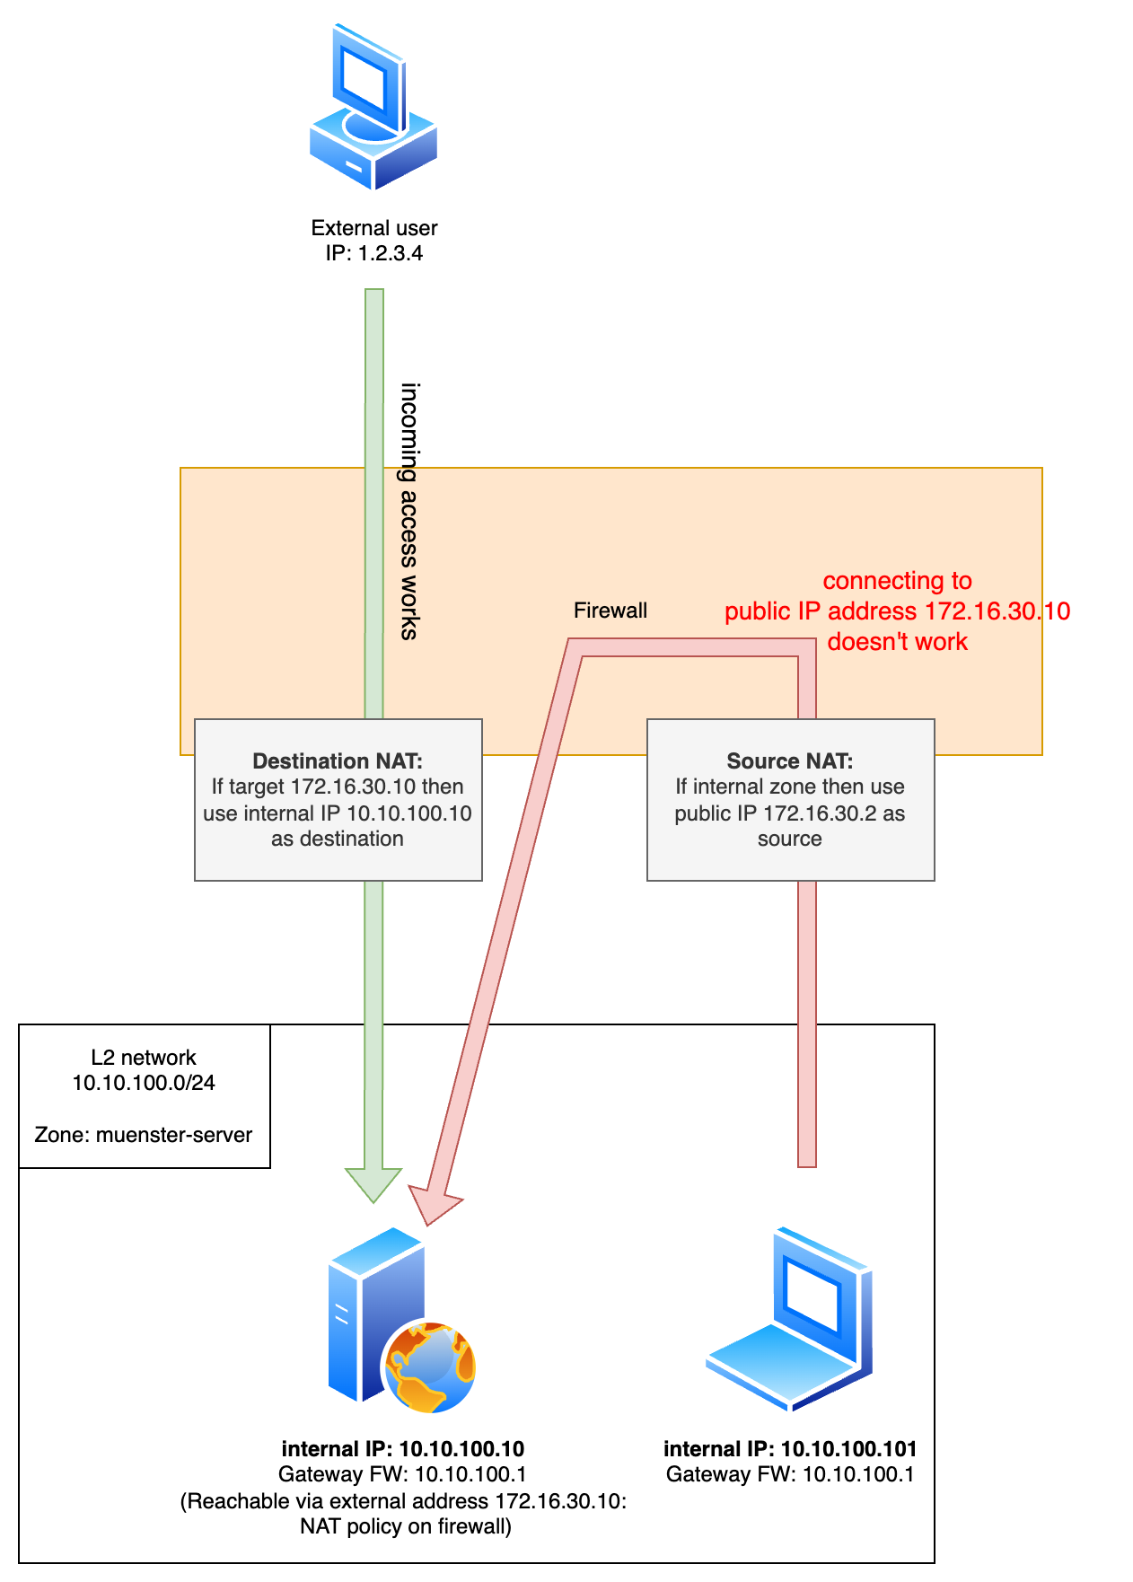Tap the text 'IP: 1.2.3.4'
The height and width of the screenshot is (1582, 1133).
coord(374,253)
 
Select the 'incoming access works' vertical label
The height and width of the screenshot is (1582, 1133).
coord(409,511)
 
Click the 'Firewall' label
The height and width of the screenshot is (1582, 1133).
coord(610,611)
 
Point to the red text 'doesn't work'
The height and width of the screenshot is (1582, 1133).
coord(897,642)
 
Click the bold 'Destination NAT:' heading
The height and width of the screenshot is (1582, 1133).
coord(338,761)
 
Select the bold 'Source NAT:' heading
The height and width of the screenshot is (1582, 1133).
coord(790,761)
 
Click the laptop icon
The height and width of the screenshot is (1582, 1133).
coord(790,1320)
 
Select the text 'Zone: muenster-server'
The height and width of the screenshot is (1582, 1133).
coord(144,1135)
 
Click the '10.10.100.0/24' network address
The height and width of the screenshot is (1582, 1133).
coord(144,1083)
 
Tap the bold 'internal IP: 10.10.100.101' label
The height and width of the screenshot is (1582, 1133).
coord(790,1449)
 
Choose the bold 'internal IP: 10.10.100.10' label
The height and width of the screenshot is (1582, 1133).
coord(403,1449)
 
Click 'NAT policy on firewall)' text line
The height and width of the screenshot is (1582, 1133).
coord(406,1526)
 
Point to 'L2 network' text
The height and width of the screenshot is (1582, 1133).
coord(144,1058)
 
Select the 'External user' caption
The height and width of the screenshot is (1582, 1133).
coord(374,228)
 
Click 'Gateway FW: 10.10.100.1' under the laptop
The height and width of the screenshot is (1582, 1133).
coord(790,1474)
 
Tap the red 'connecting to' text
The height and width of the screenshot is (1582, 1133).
coord(897,581)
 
